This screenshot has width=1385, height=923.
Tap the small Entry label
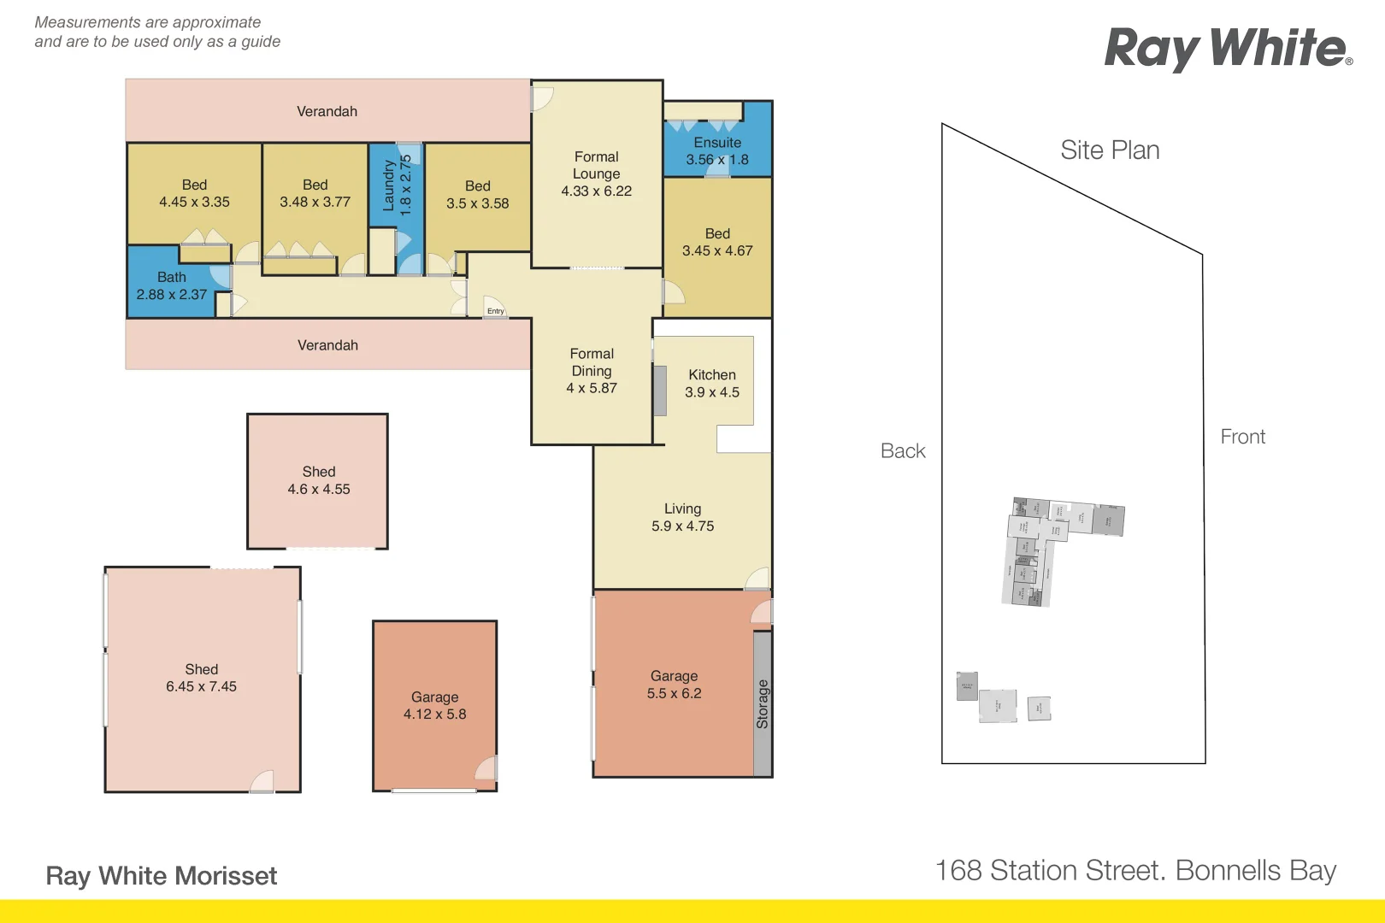point(496,311)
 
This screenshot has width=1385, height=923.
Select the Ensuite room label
point(717,143)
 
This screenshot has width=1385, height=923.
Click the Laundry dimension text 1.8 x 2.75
point(406,184)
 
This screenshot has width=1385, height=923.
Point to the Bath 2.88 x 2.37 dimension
point(172,295)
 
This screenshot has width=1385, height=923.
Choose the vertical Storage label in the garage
point(763,704)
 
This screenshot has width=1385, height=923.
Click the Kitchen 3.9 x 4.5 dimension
point(712,392)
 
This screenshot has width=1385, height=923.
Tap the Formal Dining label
point(592,362)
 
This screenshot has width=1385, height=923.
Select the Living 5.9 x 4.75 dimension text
point(682,526)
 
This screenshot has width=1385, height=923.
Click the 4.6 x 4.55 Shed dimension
point(319,490)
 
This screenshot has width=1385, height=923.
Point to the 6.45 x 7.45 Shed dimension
point(201,687)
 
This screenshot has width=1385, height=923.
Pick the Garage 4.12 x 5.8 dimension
point(435,714)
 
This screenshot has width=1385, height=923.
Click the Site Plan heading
point(1110,150)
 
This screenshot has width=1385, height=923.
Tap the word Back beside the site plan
point(903,451)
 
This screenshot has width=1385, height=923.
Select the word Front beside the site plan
point(1242,437)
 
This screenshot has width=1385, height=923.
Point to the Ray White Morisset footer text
point(162,876)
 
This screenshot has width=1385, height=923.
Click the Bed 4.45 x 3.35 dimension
point(194,203)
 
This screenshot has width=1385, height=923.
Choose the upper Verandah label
point(327,112)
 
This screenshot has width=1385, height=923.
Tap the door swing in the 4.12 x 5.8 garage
point(486,768)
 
